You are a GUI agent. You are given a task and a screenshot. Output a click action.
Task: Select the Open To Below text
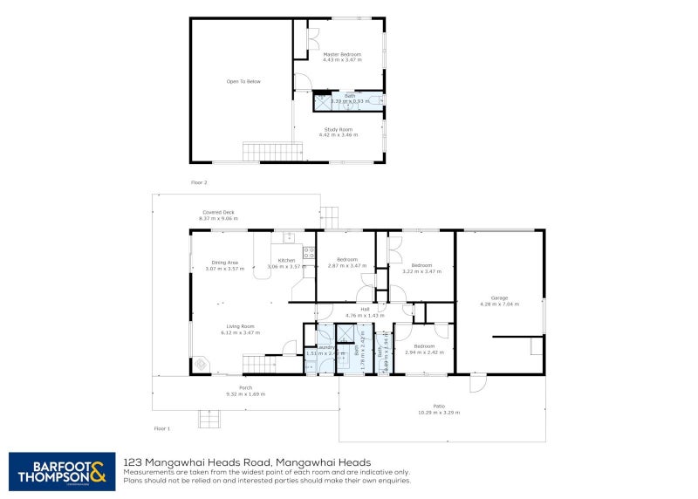[x=243, y=82]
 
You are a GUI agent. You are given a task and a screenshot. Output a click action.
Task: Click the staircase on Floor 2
[x=258, y=152]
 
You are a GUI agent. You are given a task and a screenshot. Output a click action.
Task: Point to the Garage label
[x=499, y=297]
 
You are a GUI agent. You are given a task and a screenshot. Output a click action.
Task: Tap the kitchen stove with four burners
[x=308, y=254]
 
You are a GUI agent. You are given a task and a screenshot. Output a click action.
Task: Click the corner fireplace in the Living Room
[x=202, y=363]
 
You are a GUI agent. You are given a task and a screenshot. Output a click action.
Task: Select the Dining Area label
[x=225, y=262]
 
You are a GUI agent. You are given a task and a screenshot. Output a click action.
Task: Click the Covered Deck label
[x=218, y=212]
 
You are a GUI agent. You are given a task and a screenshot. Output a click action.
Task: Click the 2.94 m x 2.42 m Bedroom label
[x=425, y=346]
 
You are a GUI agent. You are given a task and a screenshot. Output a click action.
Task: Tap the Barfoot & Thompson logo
[x=61, y=470]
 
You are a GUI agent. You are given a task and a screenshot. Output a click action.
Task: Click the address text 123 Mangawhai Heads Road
[x=248, y=462]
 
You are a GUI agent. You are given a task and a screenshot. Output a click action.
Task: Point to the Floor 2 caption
[x=199, y=182]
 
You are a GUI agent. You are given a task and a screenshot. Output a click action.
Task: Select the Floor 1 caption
[x=162, y=428]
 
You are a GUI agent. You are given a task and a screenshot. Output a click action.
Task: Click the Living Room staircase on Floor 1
[x=253, y=364]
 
